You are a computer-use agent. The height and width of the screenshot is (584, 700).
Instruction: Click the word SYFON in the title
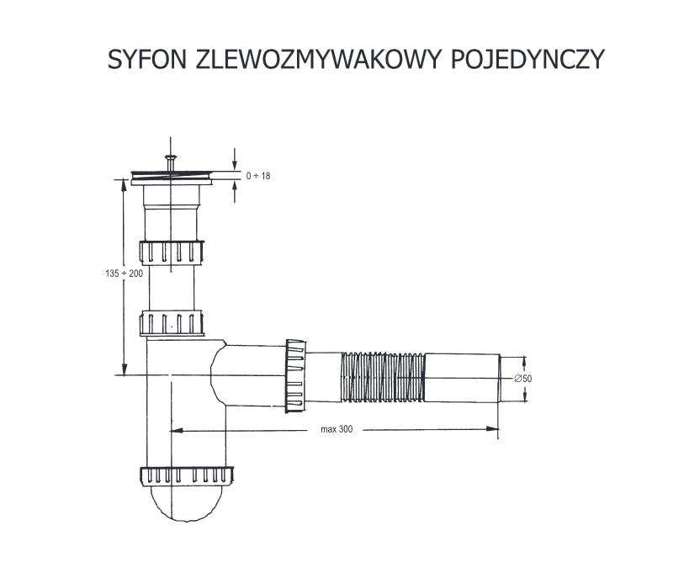147,59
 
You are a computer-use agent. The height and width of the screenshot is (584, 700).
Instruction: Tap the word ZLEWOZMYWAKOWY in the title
319,59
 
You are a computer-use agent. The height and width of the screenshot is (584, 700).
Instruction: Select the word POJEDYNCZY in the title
528,59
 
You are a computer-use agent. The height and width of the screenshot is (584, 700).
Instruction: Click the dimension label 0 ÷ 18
258,176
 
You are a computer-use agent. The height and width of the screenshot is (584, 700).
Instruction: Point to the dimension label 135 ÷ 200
125,273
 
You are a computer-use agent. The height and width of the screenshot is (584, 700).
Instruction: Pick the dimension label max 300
337,429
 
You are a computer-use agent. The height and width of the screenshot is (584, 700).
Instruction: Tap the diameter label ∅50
522,379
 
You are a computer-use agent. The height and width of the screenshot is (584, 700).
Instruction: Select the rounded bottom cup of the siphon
185,502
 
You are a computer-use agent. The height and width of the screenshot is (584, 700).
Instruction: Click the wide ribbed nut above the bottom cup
186,476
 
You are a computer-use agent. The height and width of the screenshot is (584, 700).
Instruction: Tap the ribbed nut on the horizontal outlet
295,375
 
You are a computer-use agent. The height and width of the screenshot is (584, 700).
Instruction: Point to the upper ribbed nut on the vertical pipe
172,252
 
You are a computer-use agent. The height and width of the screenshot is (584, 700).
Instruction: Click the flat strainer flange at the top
172,177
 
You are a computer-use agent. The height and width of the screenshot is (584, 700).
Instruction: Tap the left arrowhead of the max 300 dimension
177,430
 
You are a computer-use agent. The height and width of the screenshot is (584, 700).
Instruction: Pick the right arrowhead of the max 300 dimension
492,429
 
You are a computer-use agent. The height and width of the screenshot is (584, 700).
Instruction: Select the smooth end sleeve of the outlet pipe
462,378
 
